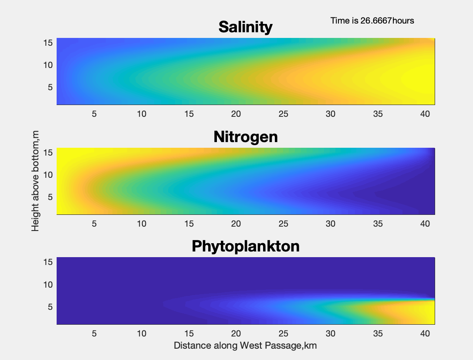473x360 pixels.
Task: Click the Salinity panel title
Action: (x=245, y=27)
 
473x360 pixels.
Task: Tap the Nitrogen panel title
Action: (x=245, y=137)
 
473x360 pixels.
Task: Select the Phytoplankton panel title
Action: (x=245, y=246)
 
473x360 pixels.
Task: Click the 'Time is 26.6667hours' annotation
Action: (x=372, y=20)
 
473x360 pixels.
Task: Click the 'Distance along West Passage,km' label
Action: (x=245, y=346)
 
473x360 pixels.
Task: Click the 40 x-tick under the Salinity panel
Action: (x=425, y=114)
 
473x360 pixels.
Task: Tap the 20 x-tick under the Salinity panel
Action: (x=236, y=114)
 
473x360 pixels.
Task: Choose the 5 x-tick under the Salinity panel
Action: (x=94, y=114)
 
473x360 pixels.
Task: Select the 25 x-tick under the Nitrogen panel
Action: (x=284, y=224)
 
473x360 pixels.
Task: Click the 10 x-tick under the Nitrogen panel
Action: (x=142, y=224)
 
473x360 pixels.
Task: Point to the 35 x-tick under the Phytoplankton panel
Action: (x=378, y=334)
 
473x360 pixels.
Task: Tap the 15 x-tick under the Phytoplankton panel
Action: (x=189, y=334)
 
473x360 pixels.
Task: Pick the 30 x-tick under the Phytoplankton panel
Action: (x=331, y=334)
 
